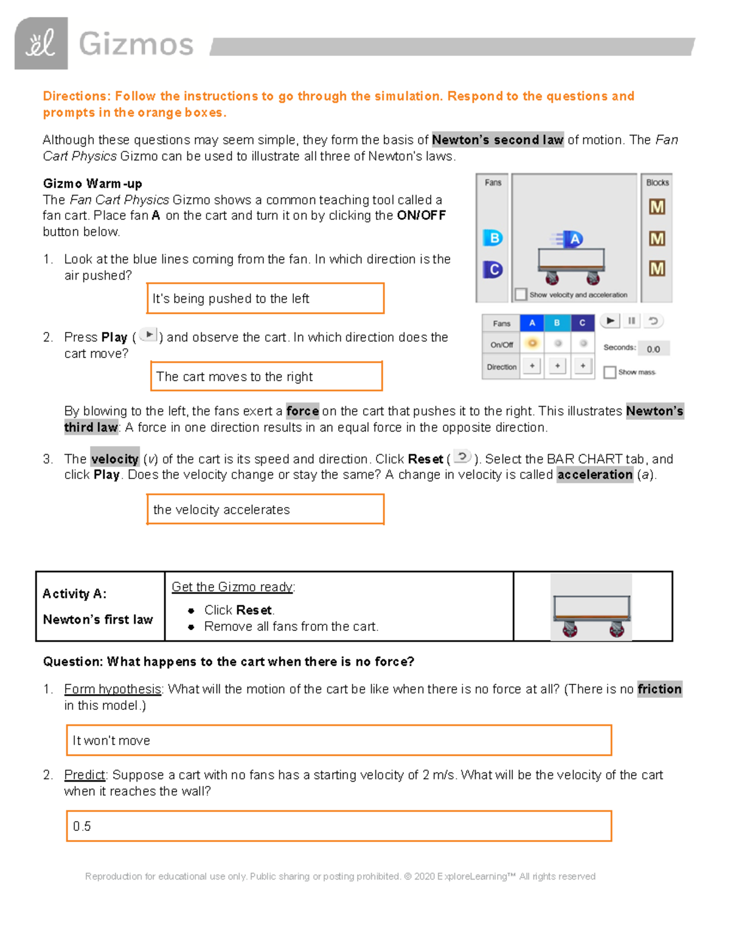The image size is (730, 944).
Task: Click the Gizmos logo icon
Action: point(41,44)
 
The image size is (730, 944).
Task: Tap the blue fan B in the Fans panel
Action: point(493,238)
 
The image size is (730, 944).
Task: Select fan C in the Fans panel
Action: point(493,269)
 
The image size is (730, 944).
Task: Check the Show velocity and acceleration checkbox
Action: point(521,295)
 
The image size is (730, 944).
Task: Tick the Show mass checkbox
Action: point(610,372)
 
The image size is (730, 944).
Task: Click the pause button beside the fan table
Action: point(631,321)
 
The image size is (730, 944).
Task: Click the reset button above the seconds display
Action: point(653,321)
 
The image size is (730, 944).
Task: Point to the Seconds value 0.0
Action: point(653,349)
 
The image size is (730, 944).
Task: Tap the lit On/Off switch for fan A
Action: point(532,343)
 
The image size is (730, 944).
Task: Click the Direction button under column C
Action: point(583,366)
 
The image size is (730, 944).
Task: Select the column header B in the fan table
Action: point(557,323)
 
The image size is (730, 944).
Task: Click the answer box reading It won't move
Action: point(338,740)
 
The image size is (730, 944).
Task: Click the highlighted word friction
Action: point(659,689)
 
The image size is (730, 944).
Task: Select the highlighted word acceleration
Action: point(594,475)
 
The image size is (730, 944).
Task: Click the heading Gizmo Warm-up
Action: point(92,184)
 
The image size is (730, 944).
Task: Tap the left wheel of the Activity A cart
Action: point(570,629)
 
